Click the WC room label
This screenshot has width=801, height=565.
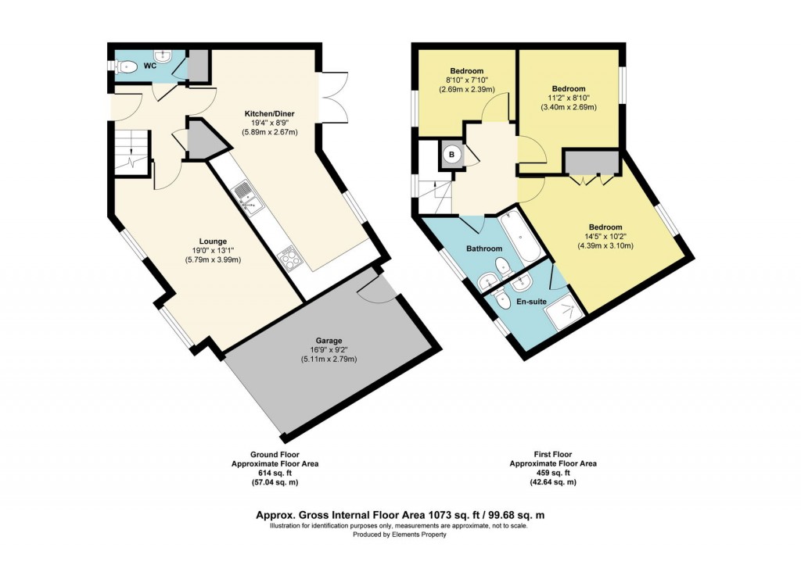(149, 66)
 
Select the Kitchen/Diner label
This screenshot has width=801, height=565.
(269, 113)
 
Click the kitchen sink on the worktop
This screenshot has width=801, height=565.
(251, 197)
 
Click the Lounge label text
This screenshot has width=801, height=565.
(213, 241)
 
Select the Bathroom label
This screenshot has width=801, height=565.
(484, 249)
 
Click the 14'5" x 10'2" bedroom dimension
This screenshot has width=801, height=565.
(605, 235)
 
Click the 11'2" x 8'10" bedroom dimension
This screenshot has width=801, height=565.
(569, 98)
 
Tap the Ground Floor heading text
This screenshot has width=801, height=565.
(275, 454)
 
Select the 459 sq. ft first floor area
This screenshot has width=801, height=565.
(553, 473)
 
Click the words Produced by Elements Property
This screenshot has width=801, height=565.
(400, 535)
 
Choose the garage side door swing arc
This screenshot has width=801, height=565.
(375, 288)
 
